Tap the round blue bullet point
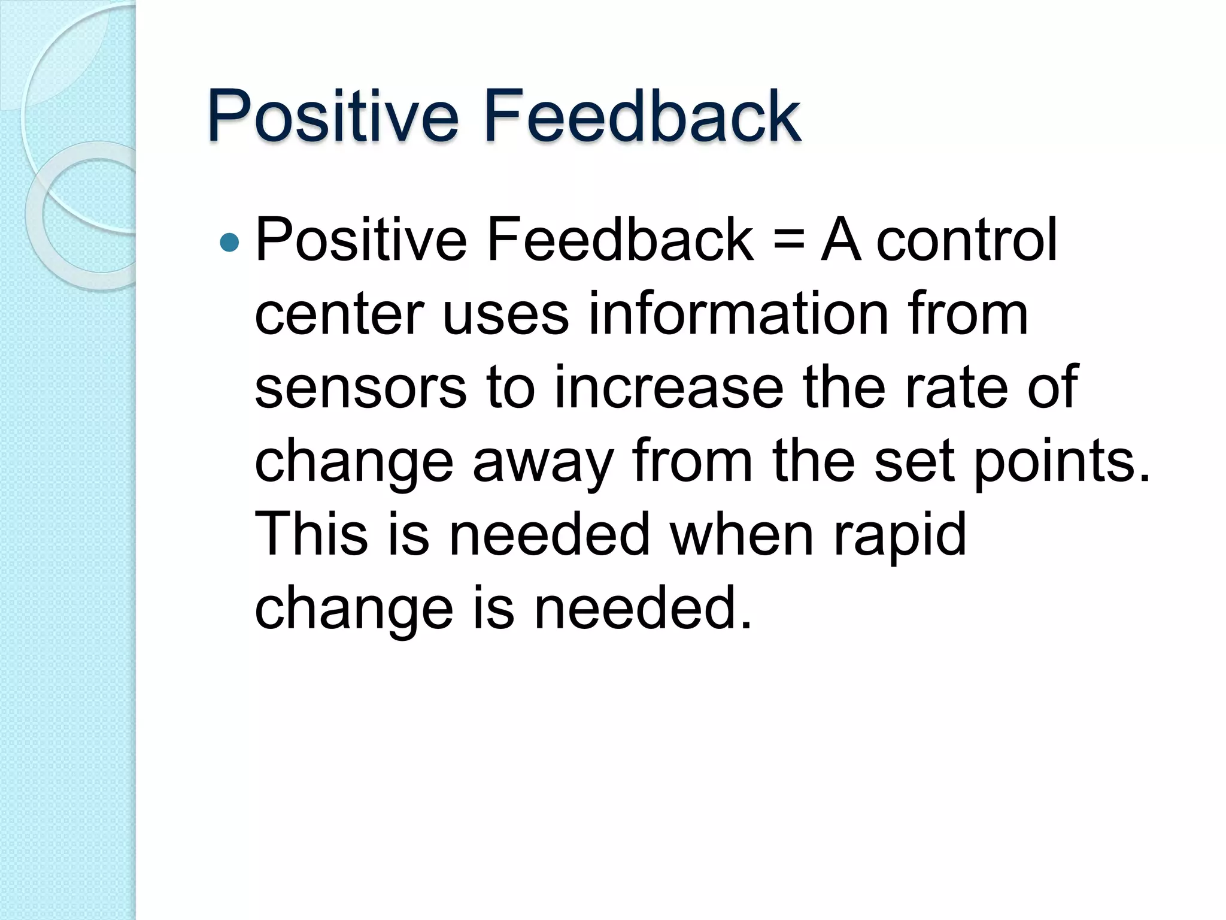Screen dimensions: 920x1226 229,243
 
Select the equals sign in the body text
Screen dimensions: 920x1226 787,241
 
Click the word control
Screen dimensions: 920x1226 967,240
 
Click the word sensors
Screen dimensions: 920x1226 360,388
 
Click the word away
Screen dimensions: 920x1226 542,462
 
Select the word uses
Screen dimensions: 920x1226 505,314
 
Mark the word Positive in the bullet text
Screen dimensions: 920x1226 360,240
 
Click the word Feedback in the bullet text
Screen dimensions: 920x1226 620,240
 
